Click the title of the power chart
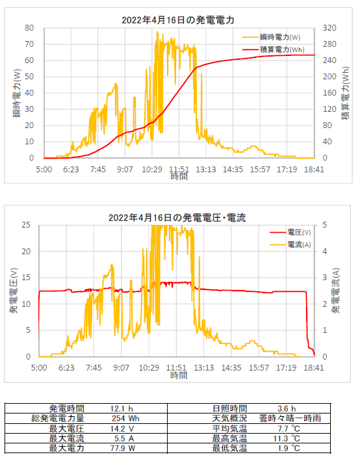tap(178, 20)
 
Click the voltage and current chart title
tap(177, 218)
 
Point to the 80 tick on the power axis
tap(29, 28)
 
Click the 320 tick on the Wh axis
tap(329, 28)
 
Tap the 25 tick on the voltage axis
tap(26, 225)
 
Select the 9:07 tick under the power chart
tap(125, 170)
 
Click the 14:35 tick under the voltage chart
tap(231, 368)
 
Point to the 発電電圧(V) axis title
tap(14, 291)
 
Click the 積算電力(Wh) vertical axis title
tap(346, 93)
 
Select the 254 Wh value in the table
tap(125, 418)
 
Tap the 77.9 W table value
tap(123, 448)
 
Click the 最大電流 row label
tap(67, 438)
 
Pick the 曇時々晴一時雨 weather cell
tap(290, 418)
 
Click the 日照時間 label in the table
tap(230, 408)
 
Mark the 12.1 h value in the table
tap(122, 409)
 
